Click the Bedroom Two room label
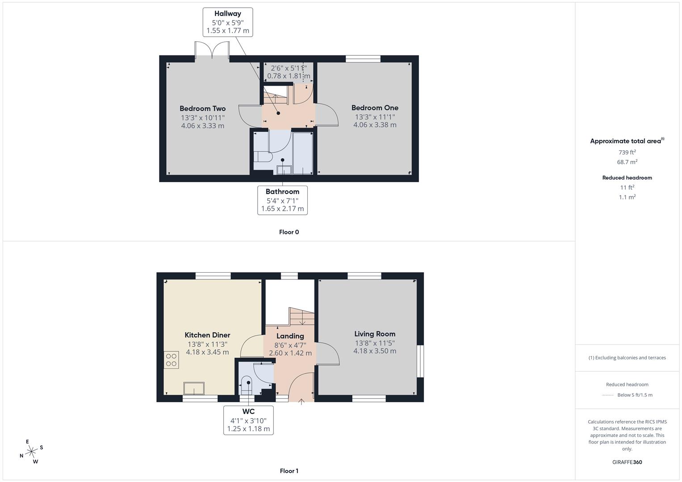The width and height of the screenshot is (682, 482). (x=202, y=108)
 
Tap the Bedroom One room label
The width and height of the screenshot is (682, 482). (x=375, y=108)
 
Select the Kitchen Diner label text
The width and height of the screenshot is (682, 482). (x=207, y=335)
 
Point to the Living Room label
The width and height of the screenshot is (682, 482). (x=375, y=334)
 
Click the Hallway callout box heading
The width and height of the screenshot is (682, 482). (x=227, y=14)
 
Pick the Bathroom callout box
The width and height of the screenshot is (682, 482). (x=282, y=200)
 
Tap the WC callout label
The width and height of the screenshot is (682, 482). (x=248, y=411)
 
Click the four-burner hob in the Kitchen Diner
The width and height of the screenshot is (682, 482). (x=172, y=360)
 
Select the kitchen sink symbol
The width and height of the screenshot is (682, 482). (x=194, y=388)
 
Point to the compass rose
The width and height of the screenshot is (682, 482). (x=31, y=452)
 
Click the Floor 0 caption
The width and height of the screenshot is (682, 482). (x=289, y=232)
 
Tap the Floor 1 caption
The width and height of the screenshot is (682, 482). (x=289, y=471)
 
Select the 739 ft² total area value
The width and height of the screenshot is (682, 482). (x=627, y=152)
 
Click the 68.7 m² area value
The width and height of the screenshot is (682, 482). (x=627, y=162)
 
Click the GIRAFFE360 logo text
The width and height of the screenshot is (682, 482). (x=627, y=462)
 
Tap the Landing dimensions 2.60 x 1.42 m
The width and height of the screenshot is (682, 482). (x=290, y=353)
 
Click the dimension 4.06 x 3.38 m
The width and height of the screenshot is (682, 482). (x=375, y=125)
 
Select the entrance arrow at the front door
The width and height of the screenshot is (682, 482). (x=301, y=402)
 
